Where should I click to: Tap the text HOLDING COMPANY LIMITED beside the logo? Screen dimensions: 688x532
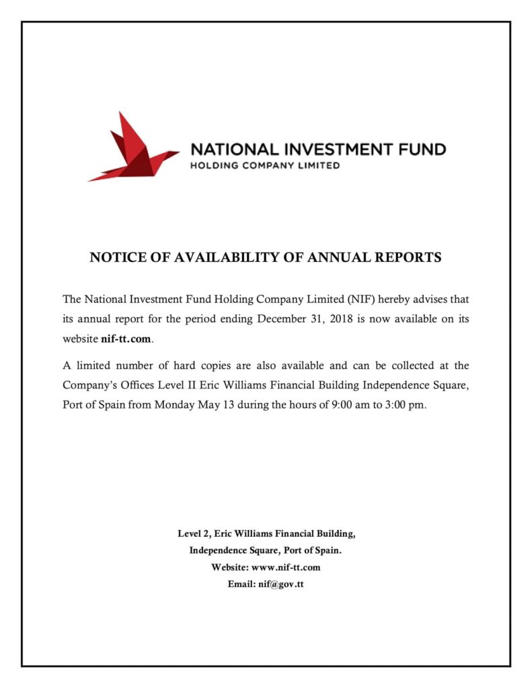point(265,165)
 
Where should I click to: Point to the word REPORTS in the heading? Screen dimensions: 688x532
point(407,257)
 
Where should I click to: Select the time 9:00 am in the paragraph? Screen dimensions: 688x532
point(349,406)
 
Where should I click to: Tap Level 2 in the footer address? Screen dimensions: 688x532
point(194,534)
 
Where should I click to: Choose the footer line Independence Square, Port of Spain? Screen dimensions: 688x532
point(266,551)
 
